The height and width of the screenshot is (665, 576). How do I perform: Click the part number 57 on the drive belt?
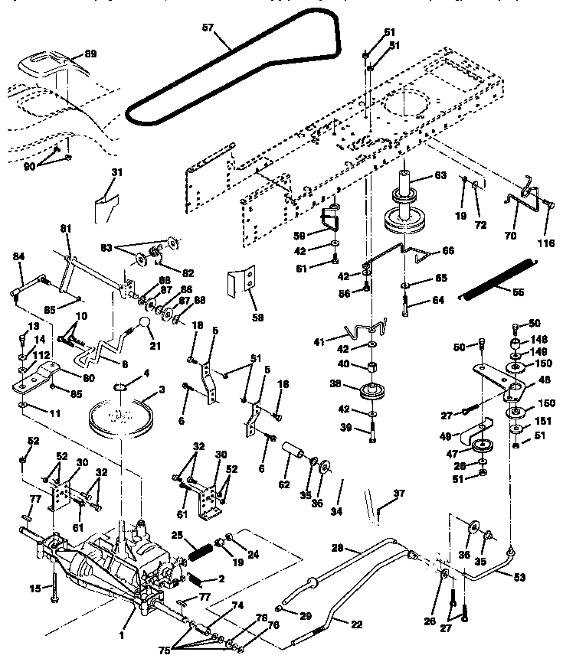208,28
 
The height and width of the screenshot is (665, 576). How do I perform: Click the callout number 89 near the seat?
90,54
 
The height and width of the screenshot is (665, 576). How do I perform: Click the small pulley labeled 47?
482,447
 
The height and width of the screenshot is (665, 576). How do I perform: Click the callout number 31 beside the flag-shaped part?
116,172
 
